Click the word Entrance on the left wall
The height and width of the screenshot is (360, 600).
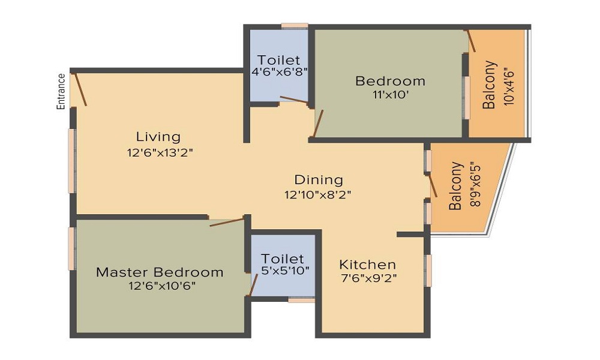[x=61, y=91]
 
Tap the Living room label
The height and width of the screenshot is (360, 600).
[x=158, y=136]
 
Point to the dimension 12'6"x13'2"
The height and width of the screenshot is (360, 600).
[x=160, y=152]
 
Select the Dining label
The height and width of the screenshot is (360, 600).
[x=319, y=179]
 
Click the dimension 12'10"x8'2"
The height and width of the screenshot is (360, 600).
[x=318, y=194]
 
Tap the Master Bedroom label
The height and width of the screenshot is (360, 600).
[x=160, y=272]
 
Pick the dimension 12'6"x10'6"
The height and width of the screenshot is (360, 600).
[x=160, y=286]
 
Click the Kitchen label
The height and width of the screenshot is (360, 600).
[x=368, y=264]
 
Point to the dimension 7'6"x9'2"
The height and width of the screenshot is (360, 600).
[x=368, y=278]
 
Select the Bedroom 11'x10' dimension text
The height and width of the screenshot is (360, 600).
[x=390, y=95]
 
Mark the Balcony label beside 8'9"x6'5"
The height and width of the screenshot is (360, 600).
[x=457, y=185]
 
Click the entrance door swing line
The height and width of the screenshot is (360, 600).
[x=79, y=89]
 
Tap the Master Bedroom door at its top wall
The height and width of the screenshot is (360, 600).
[x=227, y=222]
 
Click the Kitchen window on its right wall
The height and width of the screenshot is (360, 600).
[x=428, y=270]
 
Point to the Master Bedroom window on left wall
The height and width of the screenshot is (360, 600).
[x=73, y=248]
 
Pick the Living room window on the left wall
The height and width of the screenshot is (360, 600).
[x=72, y=161]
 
